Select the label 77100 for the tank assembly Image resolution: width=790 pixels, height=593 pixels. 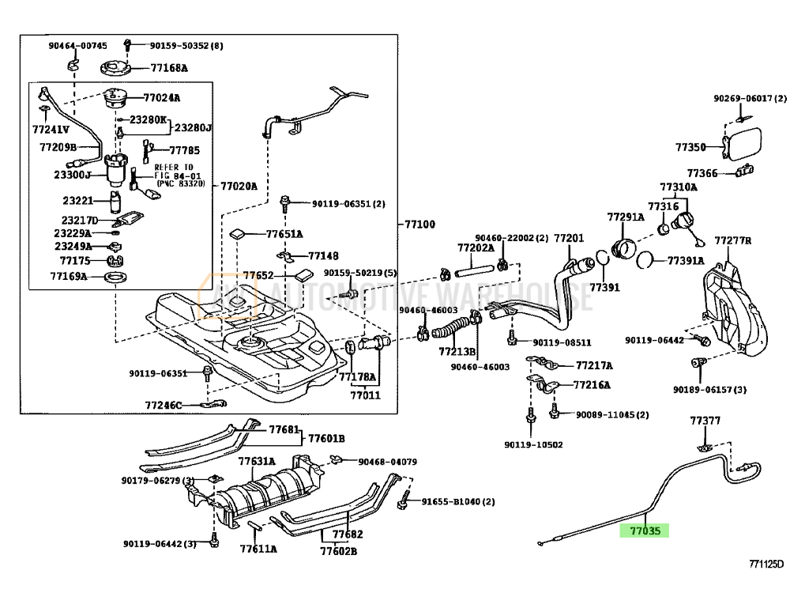(x=419, y=225)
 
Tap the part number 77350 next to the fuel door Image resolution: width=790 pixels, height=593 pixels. (x=690, y=147)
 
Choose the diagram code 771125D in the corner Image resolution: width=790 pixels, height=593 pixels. (x=766, y=565)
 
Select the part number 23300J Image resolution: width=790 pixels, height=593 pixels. (x=73, y=175)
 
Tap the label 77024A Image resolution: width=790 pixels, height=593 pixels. (x=161, y=99)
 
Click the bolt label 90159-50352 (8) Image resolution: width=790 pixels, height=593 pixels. (x=186, y=46)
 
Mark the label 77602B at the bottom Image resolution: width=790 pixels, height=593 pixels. (x=344, y=551)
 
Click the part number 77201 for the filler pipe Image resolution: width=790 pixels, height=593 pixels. (x=568, y=238)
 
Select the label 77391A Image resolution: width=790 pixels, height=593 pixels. (x=686, y=260)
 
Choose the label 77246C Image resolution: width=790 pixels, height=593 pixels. (x=164, y=406)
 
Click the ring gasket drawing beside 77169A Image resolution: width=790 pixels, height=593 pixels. (x=115, y=277)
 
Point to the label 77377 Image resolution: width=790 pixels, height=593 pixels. (x=705, y=420)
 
